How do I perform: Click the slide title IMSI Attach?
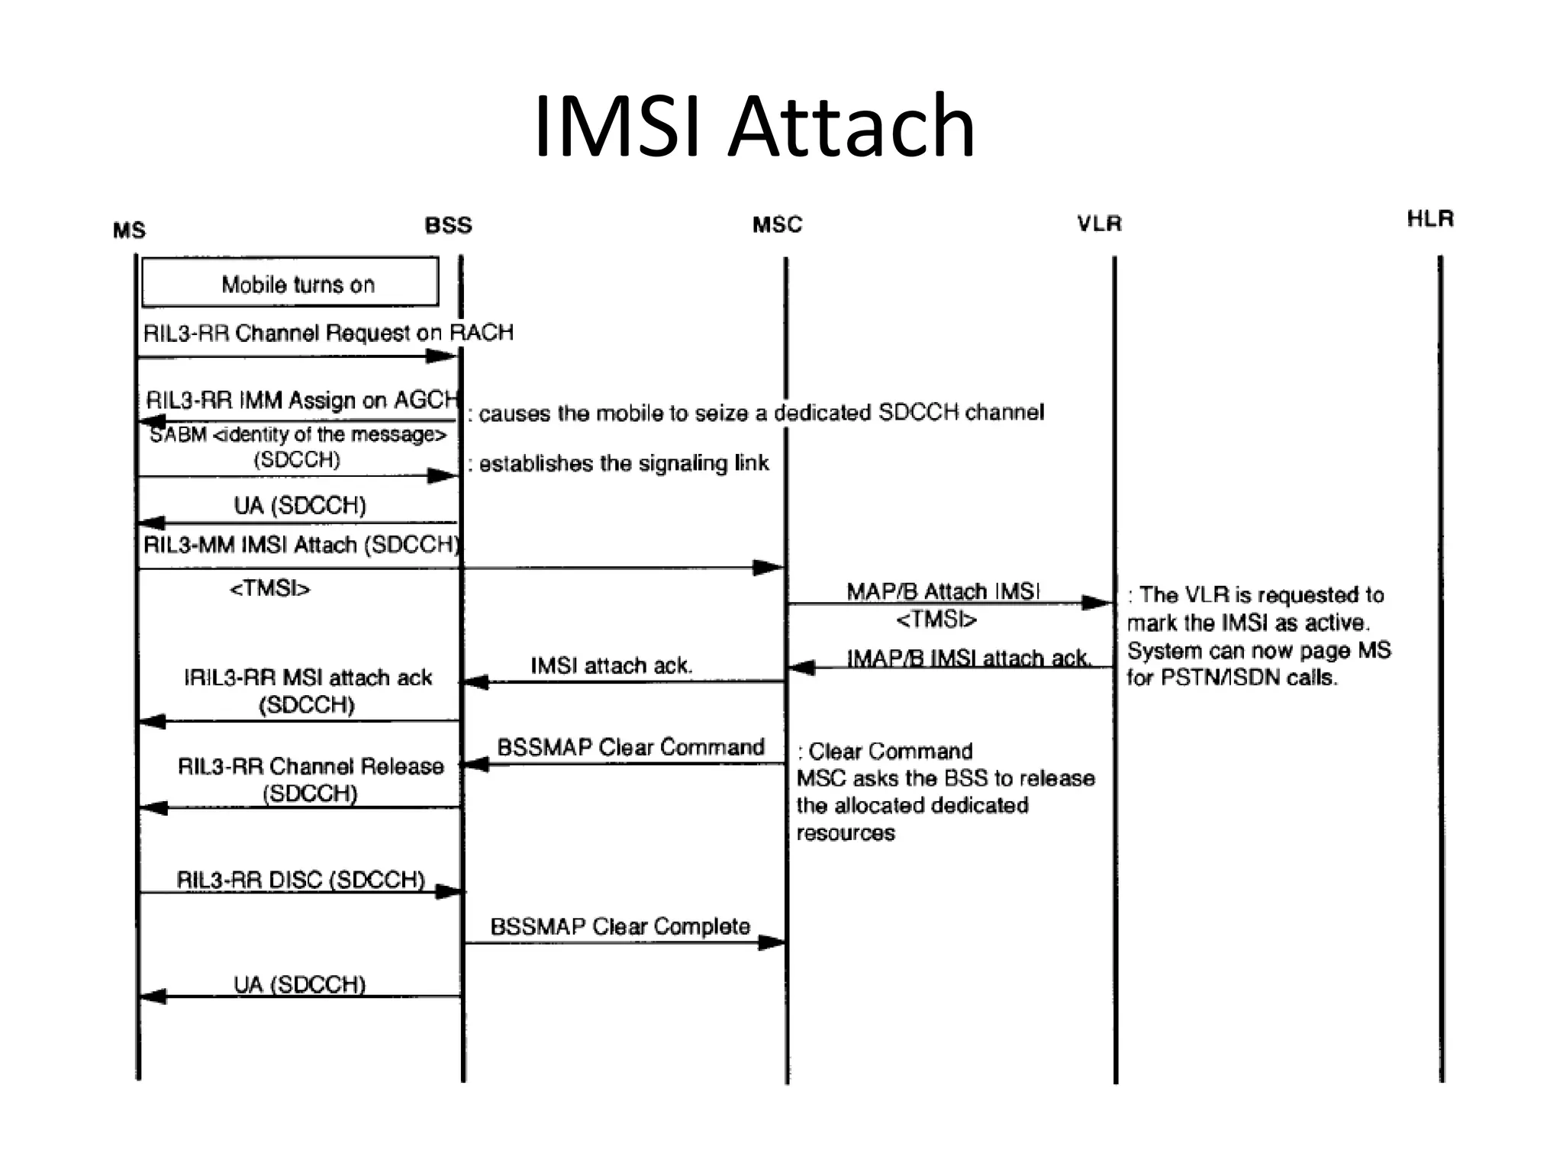tap(754, 126)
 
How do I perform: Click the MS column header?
tap(129, 230)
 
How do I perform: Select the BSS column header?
tap(448, 226)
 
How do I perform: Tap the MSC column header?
tap(777, 225)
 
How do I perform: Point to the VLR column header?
tap(1099, 224)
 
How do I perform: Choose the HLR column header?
tap(1430, 220)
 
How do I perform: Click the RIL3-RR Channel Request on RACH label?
tap(328, 333)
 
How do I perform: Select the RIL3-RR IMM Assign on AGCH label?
tap(302, 400)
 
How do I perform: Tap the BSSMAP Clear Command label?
tap(630, 747)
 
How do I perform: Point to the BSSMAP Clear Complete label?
tap(620, 926)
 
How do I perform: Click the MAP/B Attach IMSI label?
tap(943, 591)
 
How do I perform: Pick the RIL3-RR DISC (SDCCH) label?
tap(301, 880)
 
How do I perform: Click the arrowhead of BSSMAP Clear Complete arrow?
tap(772, 943)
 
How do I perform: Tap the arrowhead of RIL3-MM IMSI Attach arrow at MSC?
tap(769, 568)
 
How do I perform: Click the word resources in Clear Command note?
tap(846, 833)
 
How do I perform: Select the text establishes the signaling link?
tap(624, 464)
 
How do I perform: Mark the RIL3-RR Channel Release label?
tap(311, 766)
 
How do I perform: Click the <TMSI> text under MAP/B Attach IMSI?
tap(936, 620)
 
